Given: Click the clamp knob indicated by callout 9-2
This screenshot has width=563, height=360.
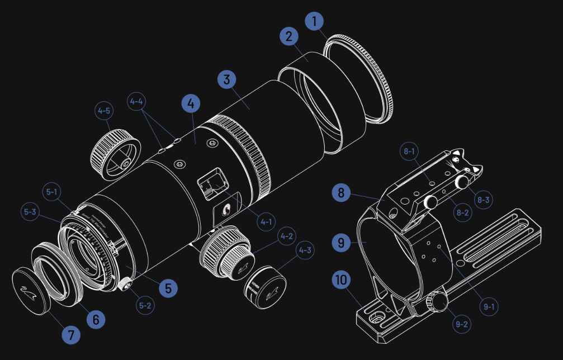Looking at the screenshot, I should [437, 303].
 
